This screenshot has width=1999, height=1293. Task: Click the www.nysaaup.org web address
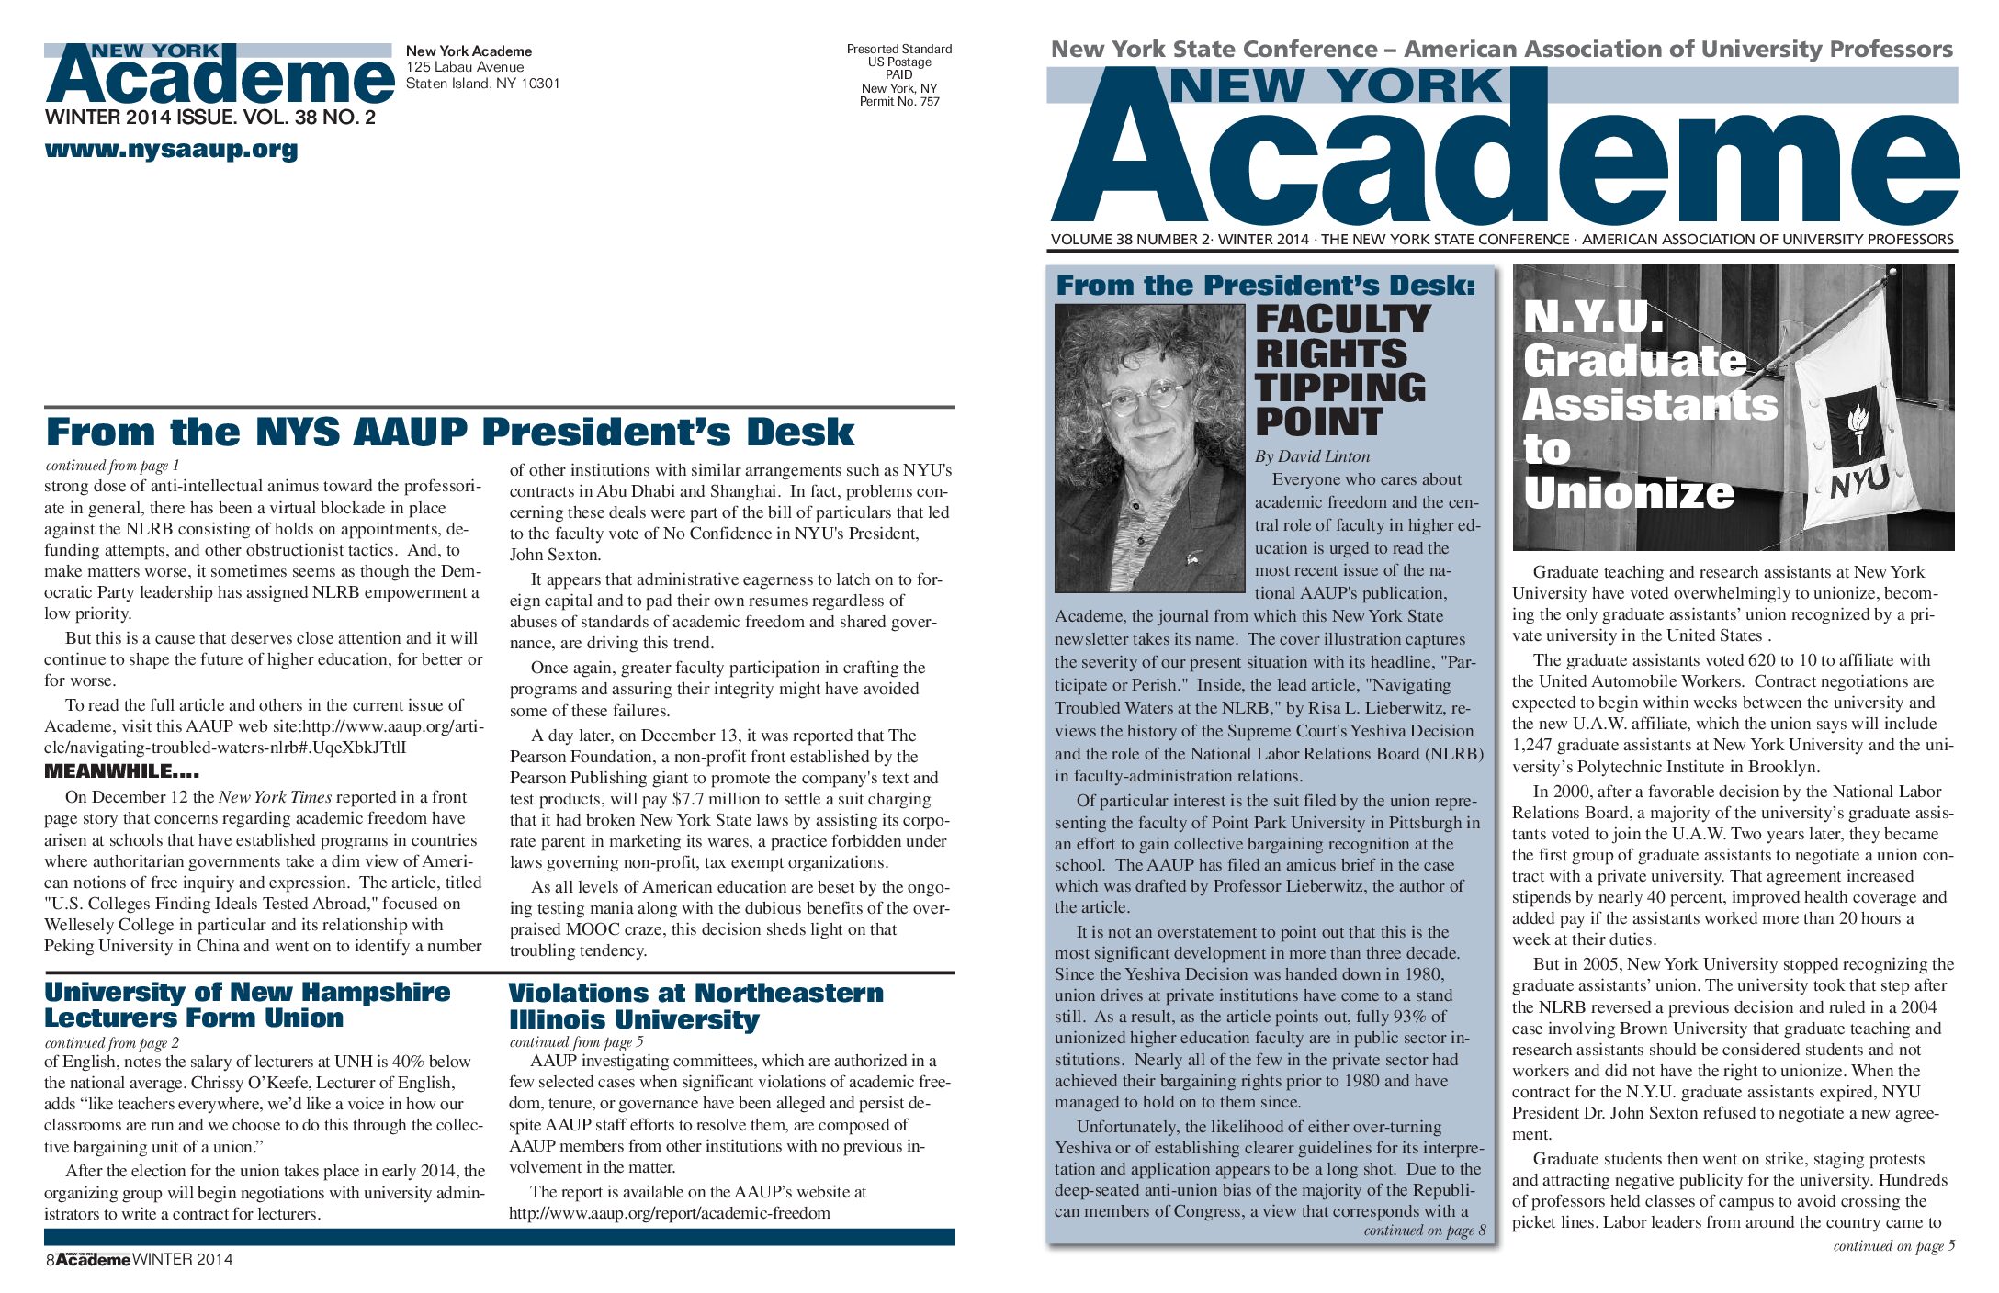tap(171, 149)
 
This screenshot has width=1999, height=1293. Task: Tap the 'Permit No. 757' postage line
tap(899, 102)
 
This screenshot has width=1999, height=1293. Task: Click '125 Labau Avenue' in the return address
tap(465, 67)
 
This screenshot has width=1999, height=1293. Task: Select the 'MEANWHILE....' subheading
tap(121, 771)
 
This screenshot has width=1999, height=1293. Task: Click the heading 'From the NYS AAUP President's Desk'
tap(449, 433)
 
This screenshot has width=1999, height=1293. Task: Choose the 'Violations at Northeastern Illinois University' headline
tap(695, 1006)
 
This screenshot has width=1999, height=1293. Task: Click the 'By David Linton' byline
tap(1312, 456)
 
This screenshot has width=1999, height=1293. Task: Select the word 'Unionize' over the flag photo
tap(1628, 493)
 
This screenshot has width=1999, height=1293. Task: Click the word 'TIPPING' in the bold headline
tap(1339, 388)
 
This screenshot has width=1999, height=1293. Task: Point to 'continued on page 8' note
tap(1424, 1231)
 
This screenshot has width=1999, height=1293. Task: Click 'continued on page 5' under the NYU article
tap(1893, 1246)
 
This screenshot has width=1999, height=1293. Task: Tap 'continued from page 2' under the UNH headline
tap(111, 1043)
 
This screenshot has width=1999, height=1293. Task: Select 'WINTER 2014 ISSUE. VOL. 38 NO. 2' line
tap(209, 118)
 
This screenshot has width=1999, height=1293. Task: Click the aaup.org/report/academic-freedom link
tap(669, 1213)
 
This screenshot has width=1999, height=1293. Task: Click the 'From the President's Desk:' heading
tap(1266, 286)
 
